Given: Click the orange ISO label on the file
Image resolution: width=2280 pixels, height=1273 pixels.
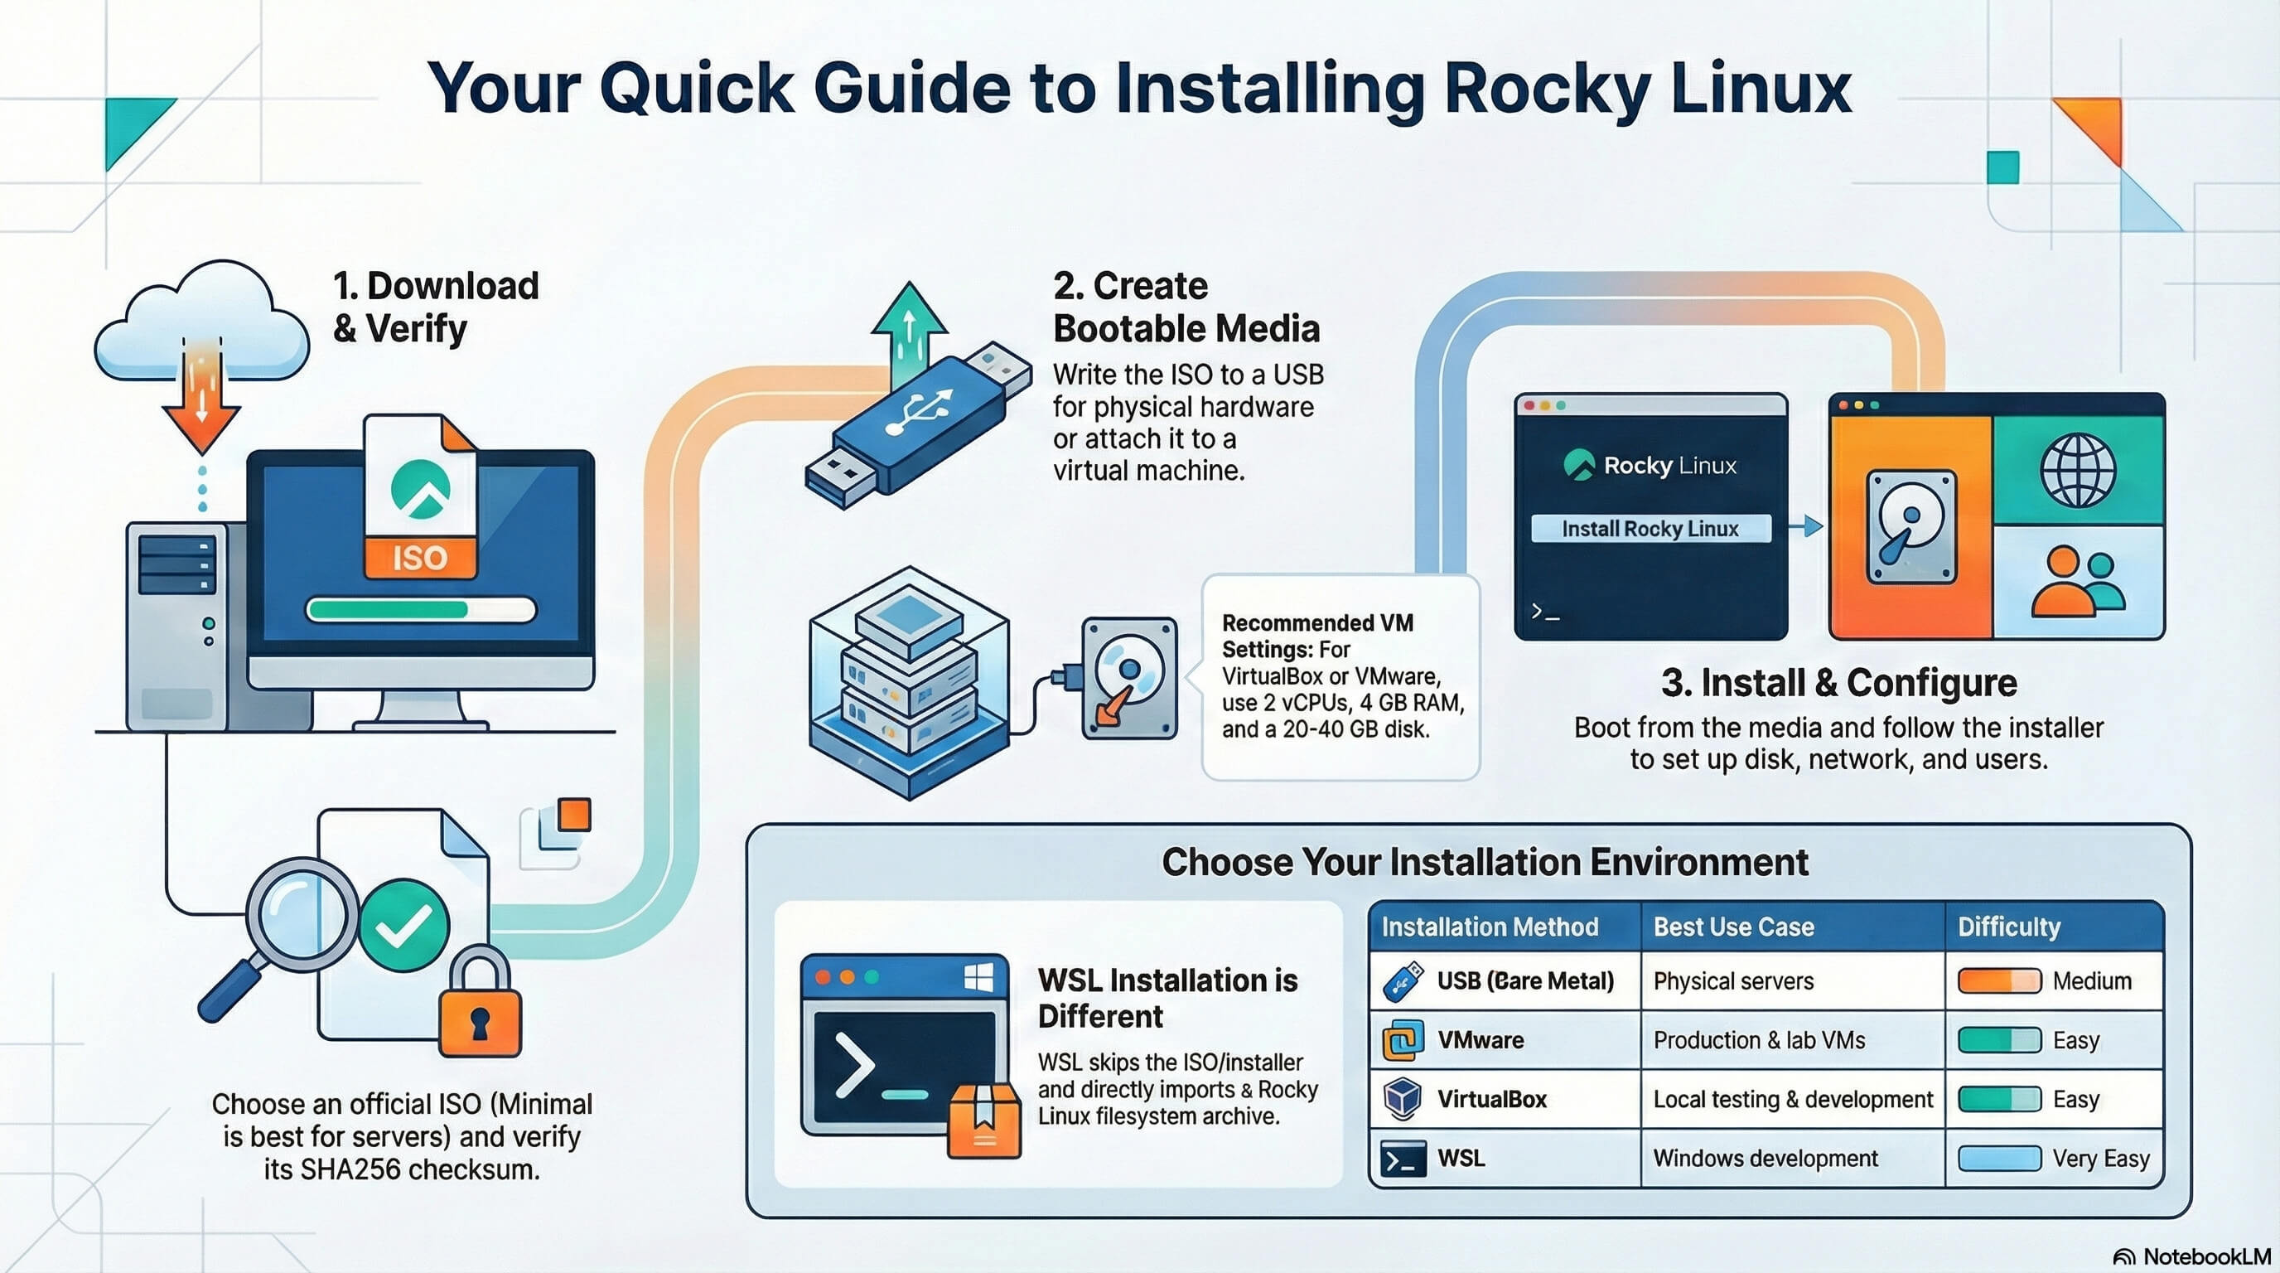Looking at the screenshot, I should [419, 558].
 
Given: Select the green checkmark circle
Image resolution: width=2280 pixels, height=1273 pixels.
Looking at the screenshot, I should [403, 926].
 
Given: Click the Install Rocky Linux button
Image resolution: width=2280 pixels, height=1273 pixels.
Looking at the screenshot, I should [1650, 529].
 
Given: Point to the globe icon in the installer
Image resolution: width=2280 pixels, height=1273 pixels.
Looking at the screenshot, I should [2077, 471].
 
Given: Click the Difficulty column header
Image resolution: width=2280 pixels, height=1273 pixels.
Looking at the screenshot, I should [2008, 927].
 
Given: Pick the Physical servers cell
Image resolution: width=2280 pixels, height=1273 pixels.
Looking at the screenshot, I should [1733, 981].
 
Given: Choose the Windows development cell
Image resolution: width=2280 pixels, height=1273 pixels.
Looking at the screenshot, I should [1765, 1158].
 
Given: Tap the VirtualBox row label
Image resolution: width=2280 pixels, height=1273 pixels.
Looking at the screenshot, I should [1491, 1099].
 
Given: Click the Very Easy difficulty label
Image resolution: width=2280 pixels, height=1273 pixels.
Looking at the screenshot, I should [2100, 1158].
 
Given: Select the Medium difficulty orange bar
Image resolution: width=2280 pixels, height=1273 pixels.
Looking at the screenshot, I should [1998, 981].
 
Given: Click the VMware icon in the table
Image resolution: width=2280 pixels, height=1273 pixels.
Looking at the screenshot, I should [1403, 1040].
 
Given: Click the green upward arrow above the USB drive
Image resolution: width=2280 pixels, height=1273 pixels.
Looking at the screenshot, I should [908, 327].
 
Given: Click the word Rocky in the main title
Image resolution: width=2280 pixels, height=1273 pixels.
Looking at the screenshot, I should [1547, 89].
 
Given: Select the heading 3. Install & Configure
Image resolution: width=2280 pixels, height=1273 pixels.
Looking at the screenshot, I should [1838, 683].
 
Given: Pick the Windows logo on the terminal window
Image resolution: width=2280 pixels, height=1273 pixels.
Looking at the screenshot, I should [978, 977].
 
